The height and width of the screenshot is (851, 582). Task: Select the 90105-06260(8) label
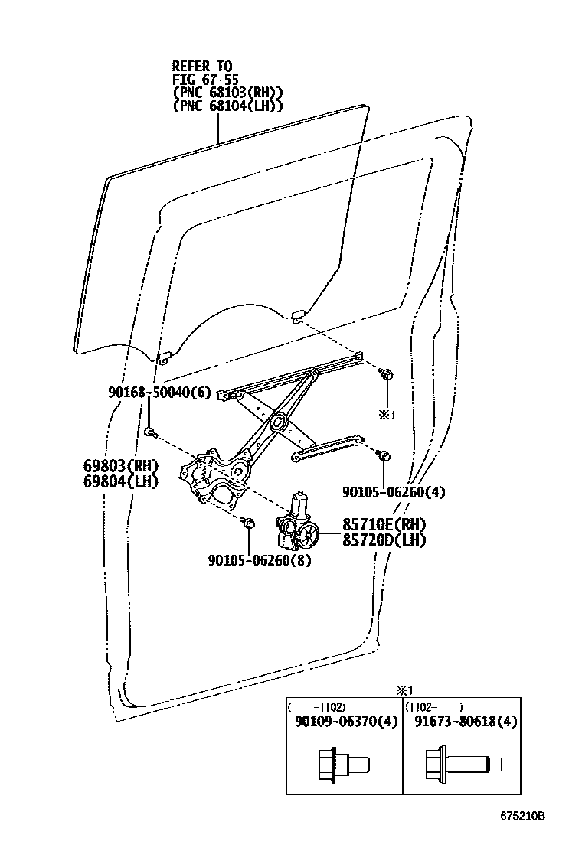click(259, 559)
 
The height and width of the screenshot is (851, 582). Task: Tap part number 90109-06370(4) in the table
click(345, 721)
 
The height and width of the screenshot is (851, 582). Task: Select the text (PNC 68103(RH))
click(227, 93)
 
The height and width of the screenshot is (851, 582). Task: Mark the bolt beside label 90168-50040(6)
click(151, 433)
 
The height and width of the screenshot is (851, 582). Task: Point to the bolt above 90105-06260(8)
click(248, 523)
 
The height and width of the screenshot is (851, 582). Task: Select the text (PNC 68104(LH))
click(227, 106)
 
